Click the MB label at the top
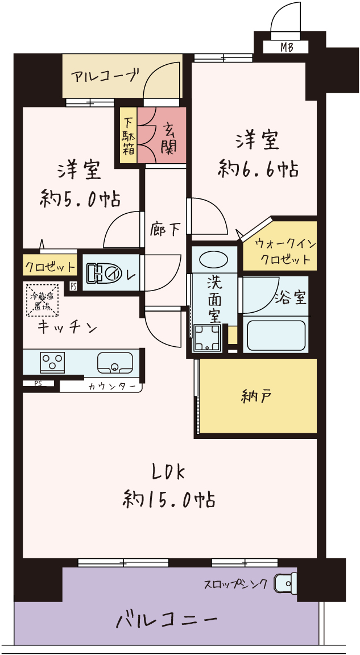(x=287, y=48)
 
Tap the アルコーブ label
(x=105, y=75)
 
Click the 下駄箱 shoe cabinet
(x=127, y=136)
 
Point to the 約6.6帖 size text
(x=259, y=169)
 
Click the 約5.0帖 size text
(x=80, y=199)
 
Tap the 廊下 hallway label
(x=165, y=229)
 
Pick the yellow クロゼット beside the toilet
(x=49, y=266)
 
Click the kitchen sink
(x=115, y=362)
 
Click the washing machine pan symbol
(x=206, y=338)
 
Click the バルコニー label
(x=167, y=619)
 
